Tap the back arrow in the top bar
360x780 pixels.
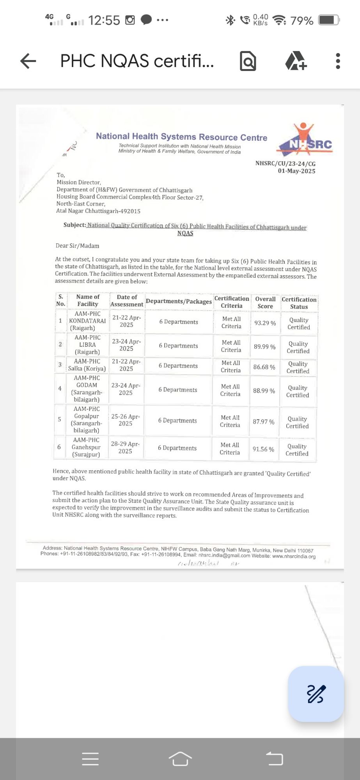[x=28, y=61]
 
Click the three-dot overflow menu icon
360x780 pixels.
[x=338, y=61]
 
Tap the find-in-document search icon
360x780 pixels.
[x=248, y=61]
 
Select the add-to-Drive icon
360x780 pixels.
[x=296, y=61]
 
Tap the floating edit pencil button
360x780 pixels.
[x=316, y=694]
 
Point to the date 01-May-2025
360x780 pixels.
[x=296, y=171]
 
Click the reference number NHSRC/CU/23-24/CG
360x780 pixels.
[x=285, y=163]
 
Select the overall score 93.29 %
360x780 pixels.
[x=265, y=323]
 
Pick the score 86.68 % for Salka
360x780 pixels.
[x=264, y=367]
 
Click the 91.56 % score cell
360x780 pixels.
[x=263, y=449]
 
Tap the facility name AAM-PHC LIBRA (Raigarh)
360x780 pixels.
[x=87, y=345]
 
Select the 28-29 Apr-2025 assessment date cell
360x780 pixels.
[x=125, y=447]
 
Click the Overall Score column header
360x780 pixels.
[x=265, y=303]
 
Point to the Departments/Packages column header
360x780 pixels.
[x=179, y=301]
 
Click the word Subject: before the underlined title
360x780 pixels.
[x=74, y=225]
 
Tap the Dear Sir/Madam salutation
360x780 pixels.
[x=77, y=246]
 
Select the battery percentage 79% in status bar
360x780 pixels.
[x=302, y=20]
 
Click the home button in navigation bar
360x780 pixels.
[x=180, y=759]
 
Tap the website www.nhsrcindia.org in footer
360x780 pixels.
[x=294, y=557]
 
